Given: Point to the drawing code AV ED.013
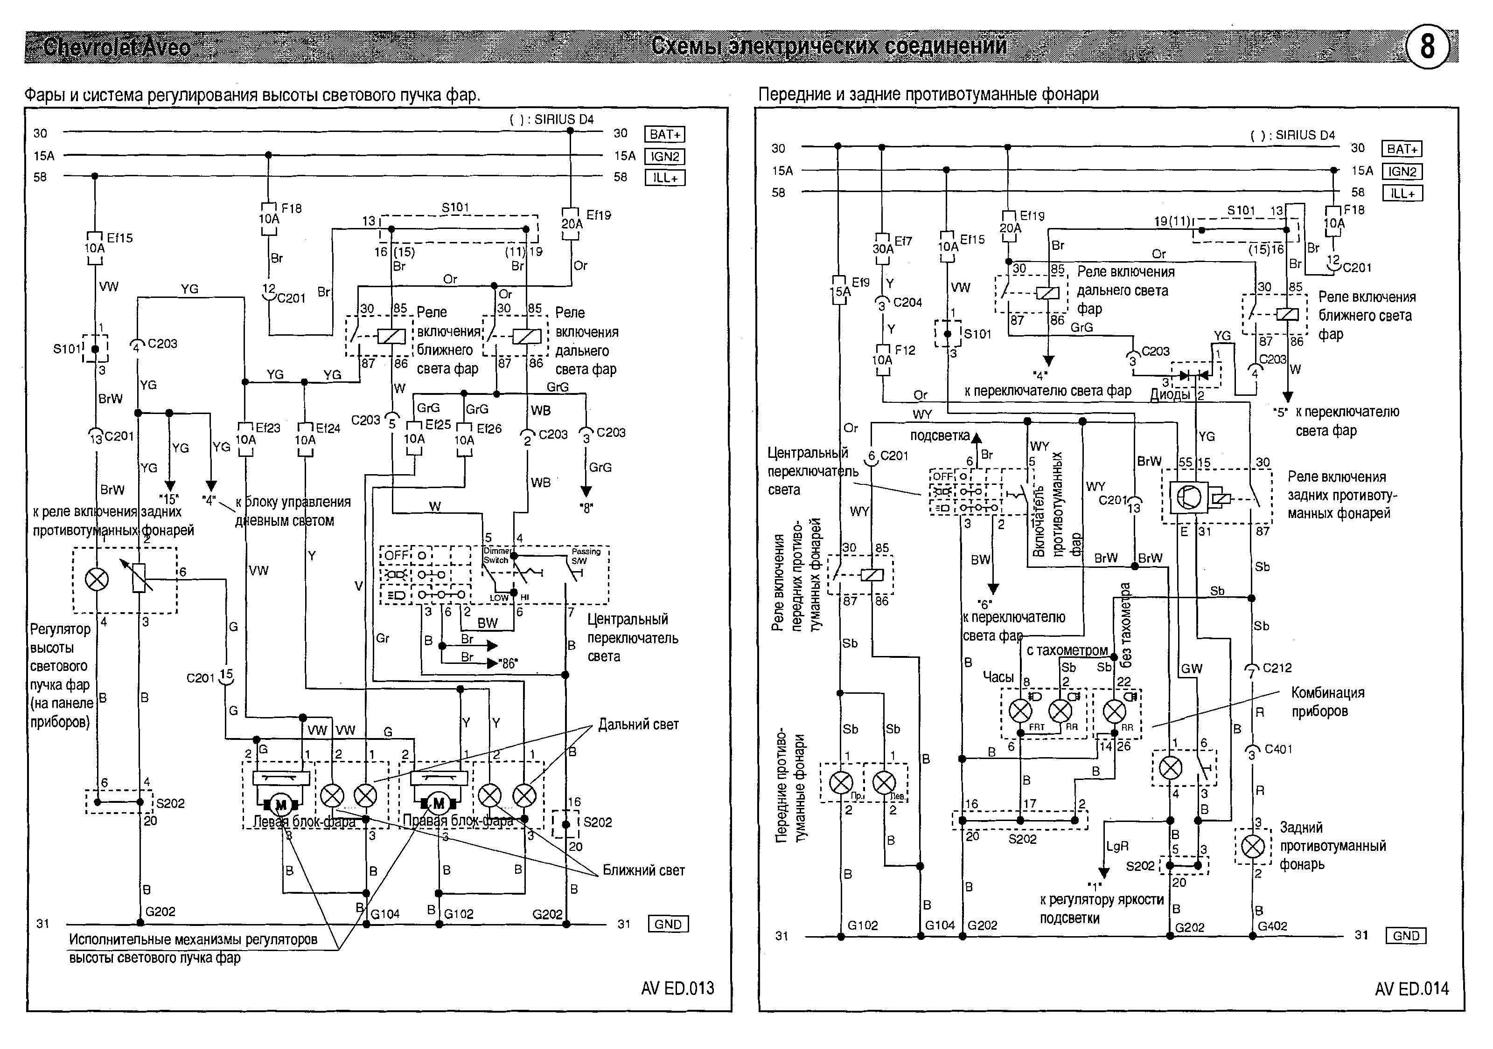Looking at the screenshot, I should (x=677, y=988).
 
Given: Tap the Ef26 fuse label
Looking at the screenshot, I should (x=489, y=428).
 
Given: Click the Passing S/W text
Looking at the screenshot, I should (x=585, y=556).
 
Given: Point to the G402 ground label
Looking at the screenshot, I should (x=1272, y=925).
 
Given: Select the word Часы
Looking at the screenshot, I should (x=998, y=676).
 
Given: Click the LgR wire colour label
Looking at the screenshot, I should (x=1117, y=846).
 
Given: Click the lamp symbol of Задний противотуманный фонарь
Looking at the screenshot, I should (x=1253, y=846).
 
